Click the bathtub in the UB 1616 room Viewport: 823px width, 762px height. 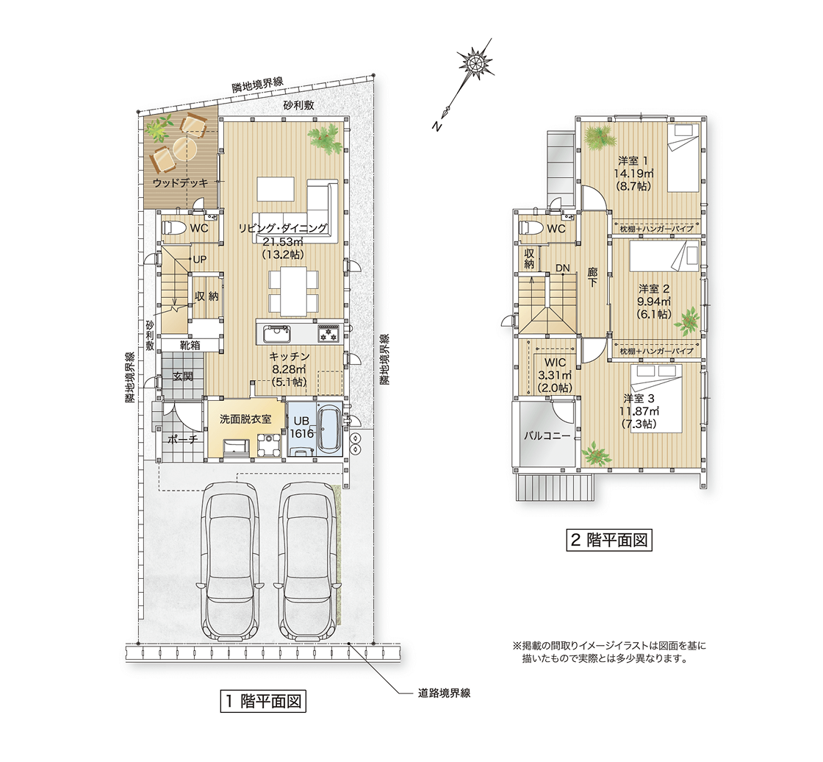pos(329,429)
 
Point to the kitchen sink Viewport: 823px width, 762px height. pos(276,334)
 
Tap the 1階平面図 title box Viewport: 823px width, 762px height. pos(263,701)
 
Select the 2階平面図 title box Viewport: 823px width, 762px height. pos(609,540)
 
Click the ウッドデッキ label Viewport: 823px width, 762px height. pos(180,183)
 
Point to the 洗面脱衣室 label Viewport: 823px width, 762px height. pos(245,419)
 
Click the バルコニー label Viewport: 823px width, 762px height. pos(547,435)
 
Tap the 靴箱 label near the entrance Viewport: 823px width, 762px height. pos(190,345)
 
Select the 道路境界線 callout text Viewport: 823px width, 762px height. pos(444,693)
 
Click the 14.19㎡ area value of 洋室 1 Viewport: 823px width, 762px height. pos(633,173)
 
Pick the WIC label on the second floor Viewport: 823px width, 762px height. pos(555,363)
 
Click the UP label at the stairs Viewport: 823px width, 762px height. pos(199,260)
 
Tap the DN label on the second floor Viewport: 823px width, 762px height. pos(563,268)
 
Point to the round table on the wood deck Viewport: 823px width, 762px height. pos(184,149)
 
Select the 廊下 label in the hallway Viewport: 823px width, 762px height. pos(592,277)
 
